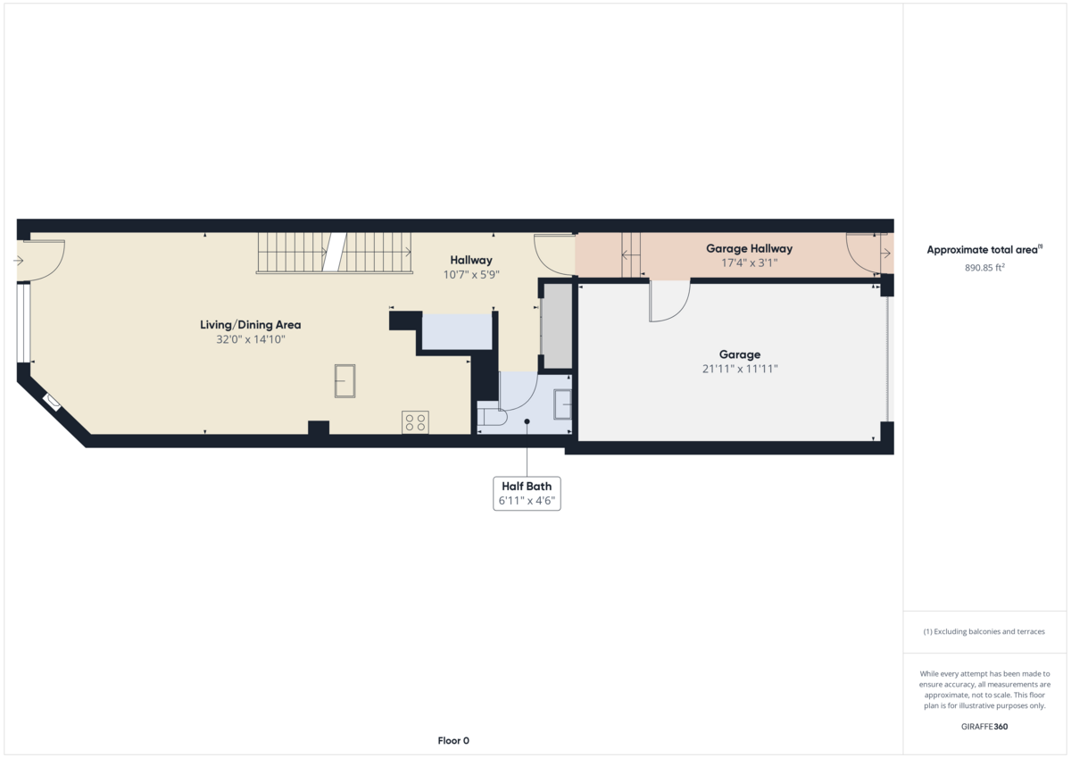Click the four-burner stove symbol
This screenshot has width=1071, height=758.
tap(415, 422)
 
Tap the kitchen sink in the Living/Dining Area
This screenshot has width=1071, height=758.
tap(345, 381)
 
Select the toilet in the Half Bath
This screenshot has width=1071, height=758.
tap(492, 417)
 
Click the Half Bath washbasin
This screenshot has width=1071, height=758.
tap(563, 404)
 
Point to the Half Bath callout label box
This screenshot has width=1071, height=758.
tap(527, 493)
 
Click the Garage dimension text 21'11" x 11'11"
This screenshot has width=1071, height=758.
tap(739, 368)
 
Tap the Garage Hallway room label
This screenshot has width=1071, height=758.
tap(749, 248)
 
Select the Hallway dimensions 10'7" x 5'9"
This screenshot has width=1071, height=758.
tap(470, 275)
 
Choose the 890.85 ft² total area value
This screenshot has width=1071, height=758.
tap(984, 266)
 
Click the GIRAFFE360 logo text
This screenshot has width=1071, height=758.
tap(984, 727)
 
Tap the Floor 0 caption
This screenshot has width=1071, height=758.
tap(453, 740)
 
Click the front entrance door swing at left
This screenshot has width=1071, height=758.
tap(45, 256)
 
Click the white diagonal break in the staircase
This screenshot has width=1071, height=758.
tap(334, 252)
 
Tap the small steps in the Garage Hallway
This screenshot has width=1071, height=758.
tap(631, 254)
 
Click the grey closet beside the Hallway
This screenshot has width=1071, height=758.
tap(557, 327)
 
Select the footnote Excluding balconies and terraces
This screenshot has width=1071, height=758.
tap(984, 631)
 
